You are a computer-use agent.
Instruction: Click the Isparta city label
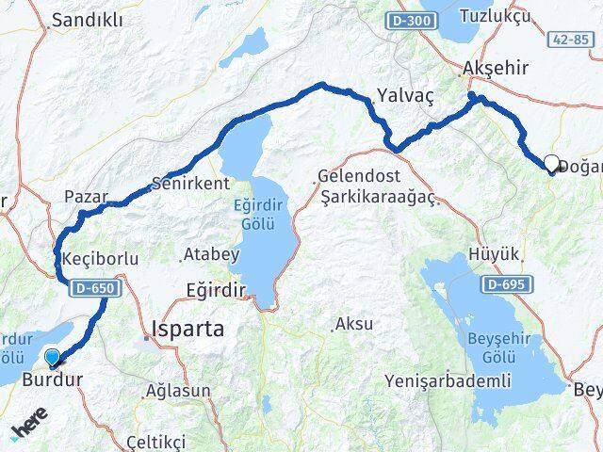pos(187,330)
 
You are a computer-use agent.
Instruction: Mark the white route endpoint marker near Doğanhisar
pos(552,163)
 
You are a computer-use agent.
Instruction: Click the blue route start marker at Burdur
pos(53,357)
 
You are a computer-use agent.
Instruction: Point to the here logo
pos(29,429)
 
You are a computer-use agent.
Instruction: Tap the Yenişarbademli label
pos(448,380)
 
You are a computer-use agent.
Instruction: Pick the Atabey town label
pos(204,254)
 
